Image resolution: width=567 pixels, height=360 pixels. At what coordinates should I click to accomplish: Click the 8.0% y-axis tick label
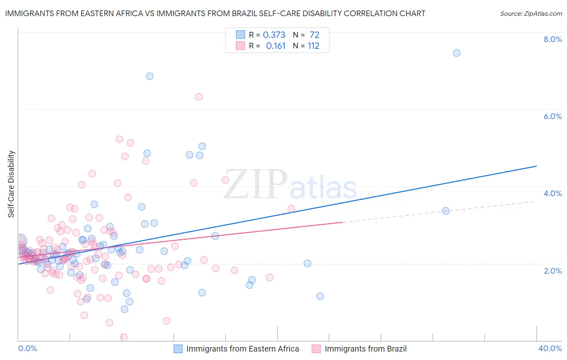[552, 39]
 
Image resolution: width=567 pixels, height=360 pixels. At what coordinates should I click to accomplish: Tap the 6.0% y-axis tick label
[552, 116]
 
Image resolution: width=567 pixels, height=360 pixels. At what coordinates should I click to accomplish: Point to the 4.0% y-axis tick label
[552, 193]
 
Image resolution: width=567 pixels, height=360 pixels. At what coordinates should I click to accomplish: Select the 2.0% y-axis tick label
[552, 271]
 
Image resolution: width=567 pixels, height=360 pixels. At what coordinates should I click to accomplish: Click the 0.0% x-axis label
[27, 348]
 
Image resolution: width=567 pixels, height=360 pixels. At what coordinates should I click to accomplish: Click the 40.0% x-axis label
[550, 348]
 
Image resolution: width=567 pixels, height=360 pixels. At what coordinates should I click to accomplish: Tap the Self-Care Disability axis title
[11, 184]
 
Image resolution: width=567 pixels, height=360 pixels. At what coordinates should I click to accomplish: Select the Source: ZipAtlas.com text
[531, 13]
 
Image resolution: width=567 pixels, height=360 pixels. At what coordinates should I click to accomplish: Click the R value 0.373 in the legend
[274, 35]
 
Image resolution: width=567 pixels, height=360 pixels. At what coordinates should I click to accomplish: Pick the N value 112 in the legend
[313, 46]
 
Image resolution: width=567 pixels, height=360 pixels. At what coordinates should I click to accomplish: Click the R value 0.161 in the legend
[275, 46]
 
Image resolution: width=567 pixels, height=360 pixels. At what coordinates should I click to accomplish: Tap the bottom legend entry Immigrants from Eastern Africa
[242, 349]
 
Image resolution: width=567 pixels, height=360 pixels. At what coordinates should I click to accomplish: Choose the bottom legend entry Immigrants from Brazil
[365, 349]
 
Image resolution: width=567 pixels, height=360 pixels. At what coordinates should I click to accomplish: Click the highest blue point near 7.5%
[457, 53]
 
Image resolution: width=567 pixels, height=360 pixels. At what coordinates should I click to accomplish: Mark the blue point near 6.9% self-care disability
[150, 76]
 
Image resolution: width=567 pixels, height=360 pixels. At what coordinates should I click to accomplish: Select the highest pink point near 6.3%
[199, 97]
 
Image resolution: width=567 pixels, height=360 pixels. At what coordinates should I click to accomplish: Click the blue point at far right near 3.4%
[446, 211]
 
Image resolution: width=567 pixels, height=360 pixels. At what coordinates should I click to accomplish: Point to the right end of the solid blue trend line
[536, 166]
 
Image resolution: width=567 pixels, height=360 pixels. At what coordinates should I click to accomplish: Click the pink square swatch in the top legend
[241, 46]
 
